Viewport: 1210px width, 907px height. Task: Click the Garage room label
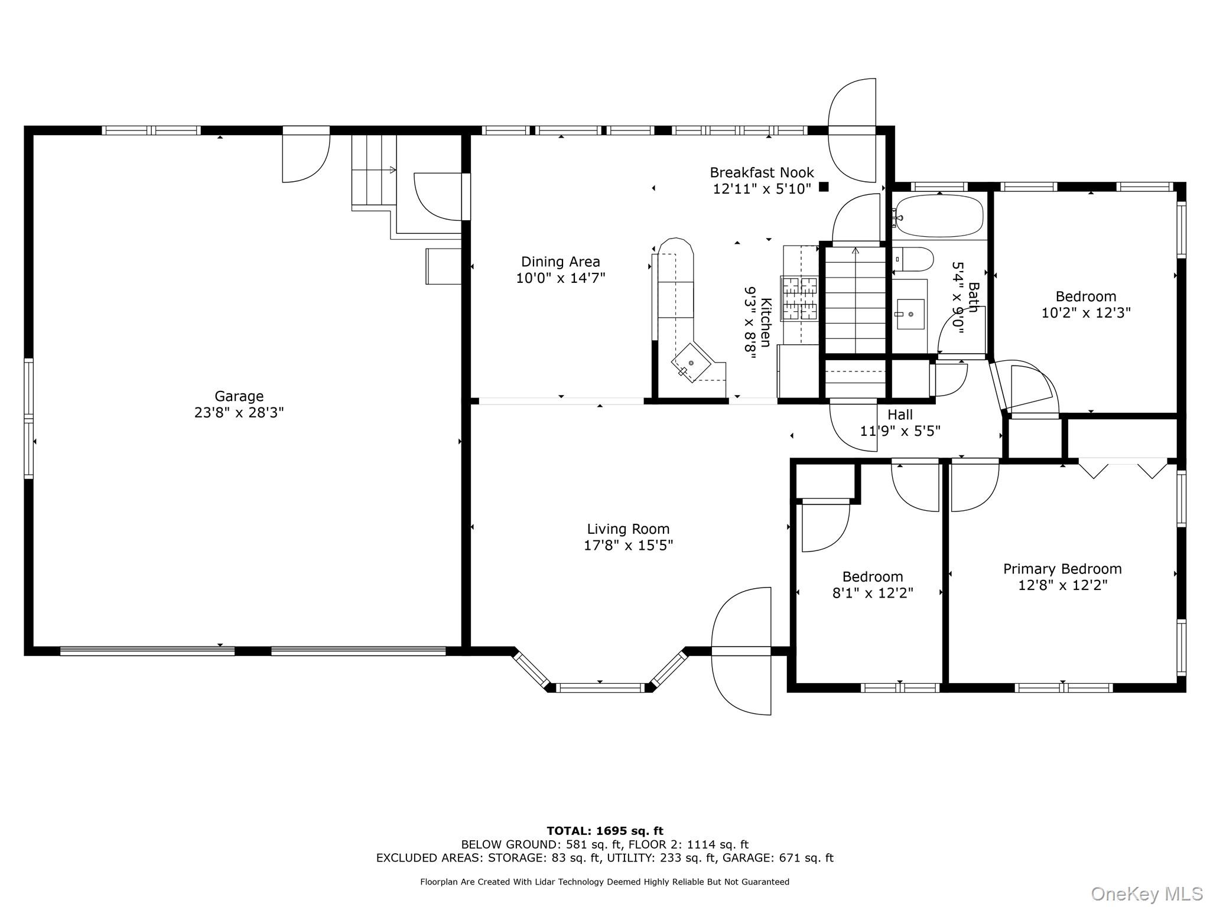click(x=239, y=396)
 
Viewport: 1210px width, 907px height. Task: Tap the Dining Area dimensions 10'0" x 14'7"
click(x=561, y=278)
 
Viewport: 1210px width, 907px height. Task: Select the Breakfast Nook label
click(x=762, y=172)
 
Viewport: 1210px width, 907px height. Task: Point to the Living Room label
click(x=628, y=529)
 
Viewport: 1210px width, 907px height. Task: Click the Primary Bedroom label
click(x=1062, y=569)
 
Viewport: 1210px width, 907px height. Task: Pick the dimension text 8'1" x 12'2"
click(x=873, y=593)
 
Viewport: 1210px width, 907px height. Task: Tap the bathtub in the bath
click(x=939, y=216)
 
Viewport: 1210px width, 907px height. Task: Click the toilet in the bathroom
click(x=913, y=259)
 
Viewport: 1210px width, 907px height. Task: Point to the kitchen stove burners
click(x=799, y=298)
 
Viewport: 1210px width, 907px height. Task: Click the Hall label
click(x=900, y=415)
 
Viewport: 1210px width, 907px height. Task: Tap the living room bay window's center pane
click(x=600, y=687)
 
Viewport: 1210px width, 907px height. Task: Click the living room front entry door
click(x=741, y=651)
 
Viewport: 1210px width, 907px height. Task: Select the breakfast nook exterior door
click(x=852, y=130)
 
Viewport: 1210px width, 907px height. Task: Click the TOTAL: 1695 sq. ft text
click(x=605, y=831)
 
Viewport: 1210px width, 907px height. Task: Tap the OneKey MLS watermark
click(x=1147, y=894)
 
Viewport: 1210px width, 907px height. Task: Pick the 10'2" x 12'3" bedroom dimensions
click(x=1086, y=313)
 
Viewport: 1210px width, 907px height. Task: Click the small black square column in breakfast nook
click(x=824, y=187)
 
